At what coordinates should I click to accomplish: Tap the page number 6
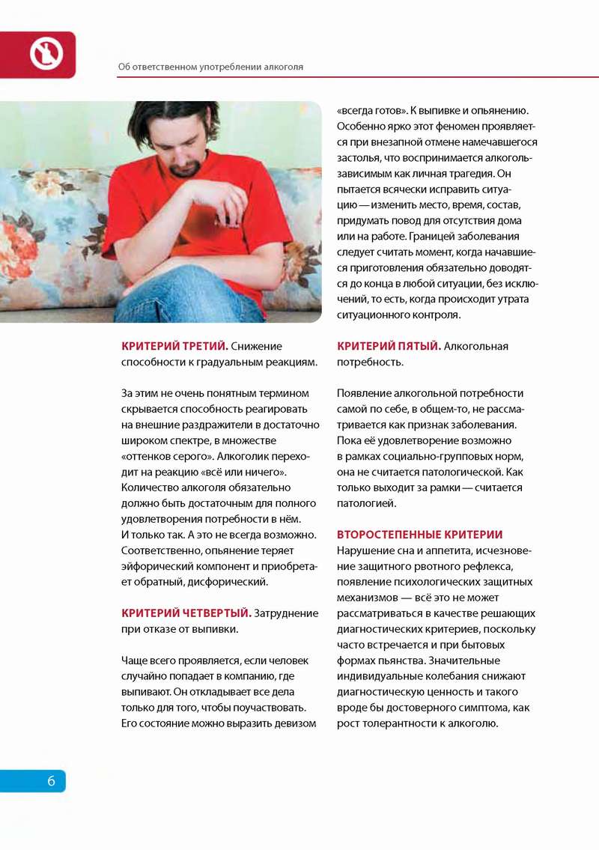(51, 781)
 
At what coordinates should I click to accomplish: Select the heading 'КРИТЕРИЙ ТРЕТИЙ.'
(174, 346)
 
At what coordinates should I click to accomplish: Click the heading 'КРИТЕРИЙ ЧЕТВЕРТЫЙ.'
(186, 613)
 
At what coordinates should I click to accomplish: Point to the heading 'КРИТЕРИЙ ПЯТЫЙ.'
(389, 346)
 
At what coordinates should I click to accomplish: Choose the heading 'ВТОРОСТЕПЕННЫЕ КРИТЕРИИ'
(419, 535)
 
